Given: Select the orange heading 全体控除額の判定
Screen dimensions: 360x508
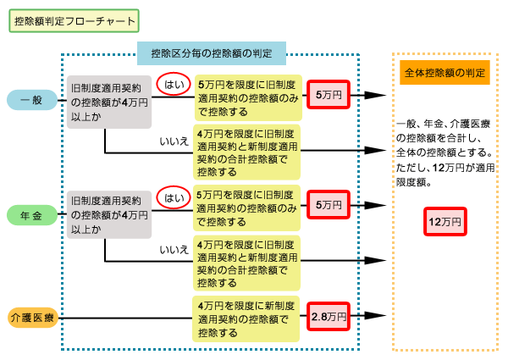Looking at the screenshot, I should tap(444, 74).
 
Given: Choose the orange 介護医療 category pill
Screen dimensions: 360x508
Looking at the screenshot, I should tap(32, 318).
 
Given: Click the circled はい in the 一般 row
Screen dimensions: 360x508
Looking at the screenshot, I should tap(174, 84).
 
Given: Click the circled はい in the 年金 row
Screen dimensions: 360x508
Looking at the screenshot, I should tap(174, 198).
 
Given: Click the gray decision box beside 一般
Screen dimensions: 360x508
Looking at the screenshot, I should tap(110, 101).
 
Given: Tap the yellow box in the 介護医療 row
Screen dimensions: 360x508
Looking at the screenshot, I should tap(246, 318).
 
